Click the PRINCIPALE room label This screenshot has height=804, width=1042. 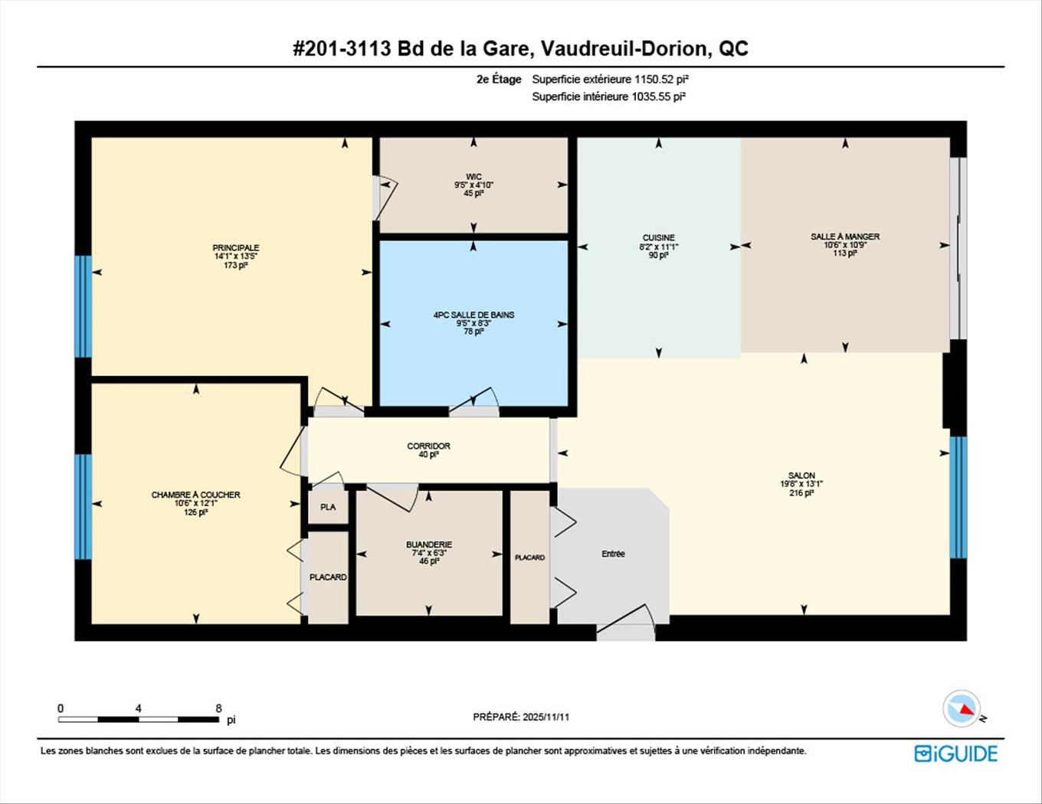tap(235, 248)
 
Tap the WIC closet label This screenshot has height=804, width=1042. tap(473, 177)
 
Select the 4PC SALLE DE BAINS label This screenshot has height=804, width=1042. tap(473, 315)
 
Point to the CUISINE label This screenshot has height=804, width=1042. tap(658, 237)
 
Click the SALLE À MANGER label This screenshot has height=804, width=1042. tap(845, 237)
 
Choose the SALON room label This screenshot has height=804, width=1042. tap(801, 476)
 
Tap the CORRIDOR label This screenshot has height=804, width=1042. tap(428, 446)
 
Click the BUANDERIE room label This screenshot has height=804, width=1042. tap(429, 544)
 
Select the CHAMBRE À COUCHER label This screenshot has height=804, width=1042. tap(195, 495)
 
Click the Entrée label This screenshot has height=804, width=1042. tap(613, 554)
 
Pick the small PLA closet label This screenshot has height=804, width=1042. tap(328, 507)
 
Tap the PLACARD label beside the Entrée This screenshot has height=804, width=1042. tap(529, 557)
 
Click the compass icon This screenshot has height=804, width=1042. tap(962, 709)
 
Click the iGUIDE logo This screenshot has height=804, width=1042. tap(956, 753)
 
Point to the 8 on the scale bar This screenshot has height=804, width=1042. tap(218, 708)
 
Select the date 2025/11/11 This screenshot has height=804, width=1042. tap(546, 717)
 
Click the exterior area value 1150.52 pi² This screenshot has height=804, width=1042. tap(656, 79)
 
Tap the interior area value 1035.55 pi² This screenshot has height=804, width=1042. tap(657, 96)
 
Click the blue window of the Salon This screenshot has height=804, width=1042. tap(958, 497)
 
